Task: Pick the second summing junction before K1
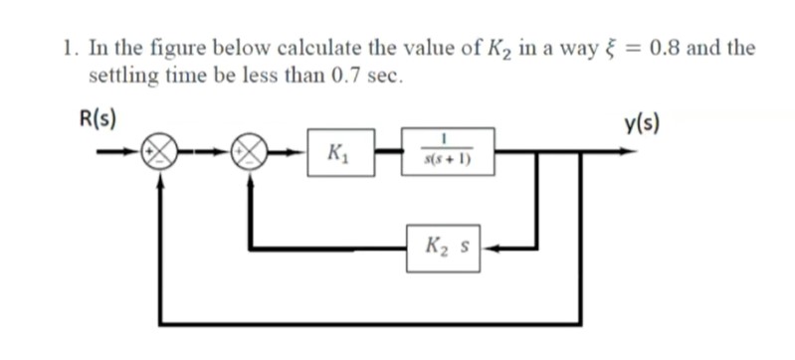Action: click(x=247, y=154)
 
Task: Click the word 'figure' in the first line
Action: click(x=161, y=49)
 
